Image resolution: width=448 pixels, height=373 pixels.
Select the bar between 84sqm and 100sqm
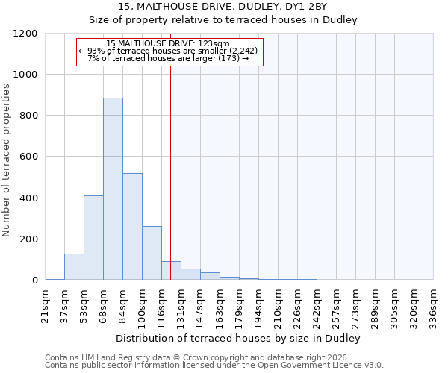(x=132, y=227)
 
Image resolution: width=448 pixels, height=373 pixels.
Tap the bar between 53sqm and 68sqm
(x=93, y=237)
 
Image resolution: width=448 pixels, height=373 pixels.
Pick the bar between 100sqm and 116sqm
(x=152, y=253)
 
